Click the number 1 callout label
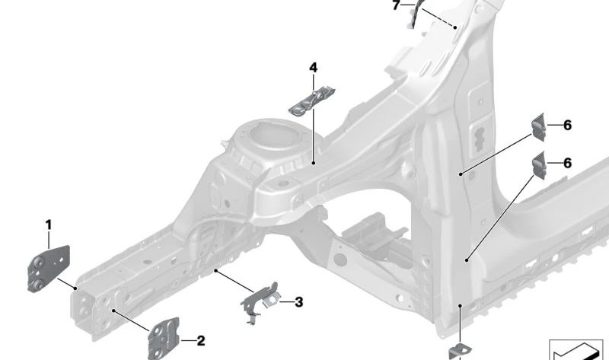(48, 225)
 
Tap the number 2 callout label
(201, 341)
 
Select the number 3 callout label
(298, 302)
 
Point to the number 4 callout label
(313, 68)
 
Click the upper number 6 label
(567, 125)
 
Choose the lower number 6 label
(567, 163)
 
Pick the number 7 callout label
(395, 5)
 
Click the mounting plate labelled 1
(49, 267)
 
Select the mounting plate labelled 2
(164, 335)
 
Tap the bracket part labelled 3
(261, 299)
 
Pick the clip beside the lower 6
(539, 164)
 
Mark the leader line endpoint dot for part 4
(314, 162)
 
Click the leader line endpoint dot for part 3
(216, 269)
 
